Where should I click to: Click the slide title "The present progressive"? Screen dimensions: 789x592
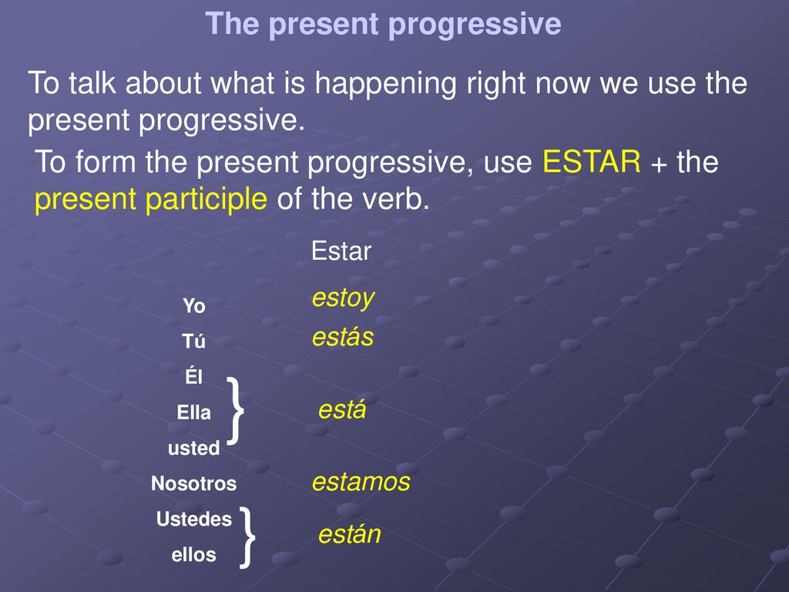coord(383,24)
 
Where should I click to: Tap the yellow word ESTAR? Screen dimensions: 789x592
coord(591,162)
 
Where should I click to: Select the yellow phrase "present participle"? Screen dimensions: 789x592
coord(150,200)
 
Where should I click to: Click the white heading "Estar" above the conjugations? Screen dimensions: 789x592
coord(341,251)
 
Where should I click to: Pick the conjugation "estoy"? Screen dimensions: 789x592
coord(343,298)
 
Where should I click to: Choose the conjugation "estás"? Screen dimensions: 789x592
coord(343,337)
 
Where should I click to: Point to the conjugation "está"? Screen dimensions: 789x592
coord(342,409)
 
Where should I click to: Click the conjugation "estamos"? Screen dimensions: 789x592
coord(361,482)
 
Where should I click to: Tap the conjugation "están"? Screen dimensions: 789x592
coord(349,534)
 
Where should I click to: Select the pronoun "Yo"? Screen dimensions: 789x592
coord(193,305)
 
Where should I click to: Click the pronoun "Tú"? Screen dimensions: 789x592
coord(193,341)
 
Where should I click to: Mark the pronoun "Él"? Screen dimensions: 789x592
coord(193,376)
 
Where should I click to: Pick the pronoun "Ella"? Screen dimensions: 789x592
coord(193,412)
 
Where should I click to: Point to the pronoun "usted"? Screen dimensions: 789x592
coord(193,448)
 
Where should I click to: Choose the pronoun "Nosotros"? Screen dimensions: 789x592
coord(193,483)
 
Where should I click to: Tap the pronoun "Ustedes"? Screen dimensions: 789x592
coord(193,519)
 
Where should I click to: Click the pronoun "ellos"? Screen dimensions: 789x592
coord(193,555)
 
